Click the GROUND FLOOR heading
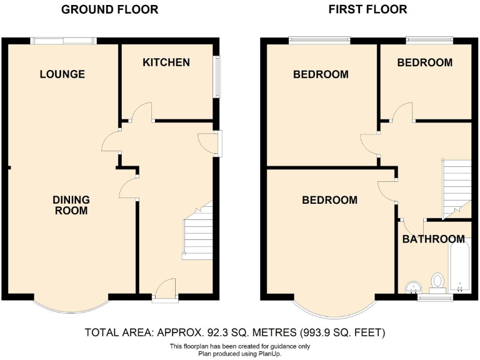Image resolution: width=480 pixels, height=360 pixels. coord(109,9)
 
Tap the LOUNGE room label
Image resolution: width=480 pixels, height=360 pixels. coord(62,74)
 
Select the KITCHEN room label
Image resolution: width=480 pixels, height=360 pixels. coord(166,62)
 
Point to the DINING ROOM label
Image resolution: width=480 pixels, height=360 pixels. coord(71,206)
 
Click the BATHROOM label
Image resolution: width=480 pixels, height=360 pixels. coord(433,239)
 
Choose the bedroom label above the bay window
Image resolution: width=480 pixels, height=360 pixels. coord(329,200)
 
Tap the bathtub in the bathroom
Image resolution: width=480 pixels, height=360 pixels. coord(459,269)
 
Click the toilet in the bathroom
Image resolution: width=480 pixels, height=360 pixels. coord(437,282)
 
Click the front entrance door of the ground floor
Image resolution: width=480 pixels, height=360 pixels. coord(164,291)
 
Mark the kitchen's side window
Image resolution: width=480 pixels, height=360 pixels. coord(217,77)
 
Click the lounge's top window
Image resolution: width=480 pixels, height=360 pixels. coord(63,41)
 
